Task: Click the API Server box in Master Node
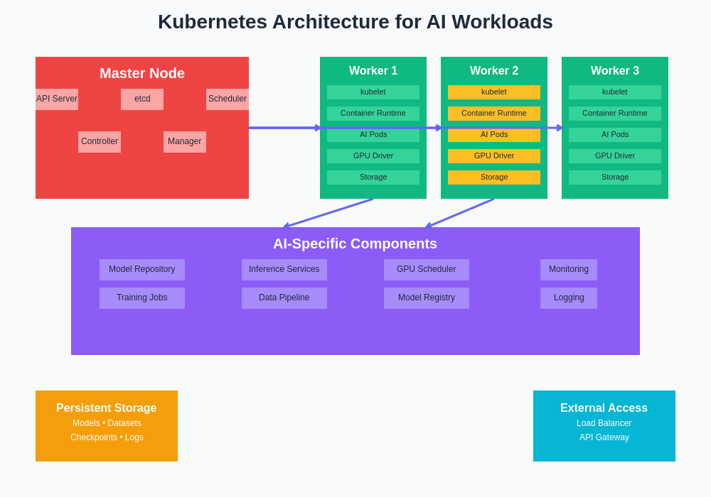[57, 99]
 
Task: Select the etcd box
[142, 99]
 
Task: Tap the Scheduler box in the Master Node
[228, 99]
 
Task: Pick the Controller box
[100, 142]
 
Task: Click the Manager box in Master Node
[185, 142]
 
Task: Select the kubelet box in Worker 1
[373, 92]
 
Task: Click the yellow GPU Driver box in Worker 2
[494, 156]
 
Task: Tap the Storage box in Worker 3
[615, 177]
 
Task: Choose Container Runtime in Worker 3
[615, 114]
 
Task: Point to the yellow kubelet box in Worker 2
[494, 92]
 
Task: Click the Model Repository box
[142, 270]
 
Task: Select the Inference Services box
[284, 270]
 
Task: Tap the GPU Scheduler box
[427, 270]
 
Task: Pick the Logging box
[569, 298]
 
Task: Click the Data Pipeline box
[284, 298]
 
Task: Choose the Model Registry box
[427, 298]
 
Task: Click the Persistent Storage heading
[107, 408]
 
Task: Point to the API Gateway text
[604, 437]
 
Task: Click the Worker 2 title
[494, 71]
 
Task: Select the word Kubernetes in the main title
[212, 22]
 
